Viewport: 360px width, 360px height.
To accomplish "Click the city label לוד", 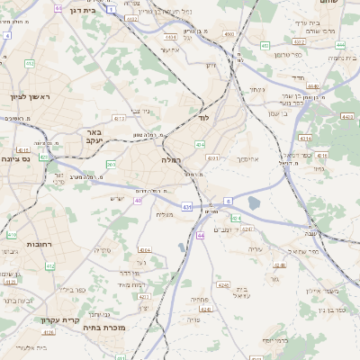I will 203,118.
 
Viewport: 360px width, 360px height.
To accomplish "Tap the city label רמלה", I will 172,158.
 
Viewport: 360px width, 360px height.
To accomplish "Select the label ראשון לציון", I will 31,97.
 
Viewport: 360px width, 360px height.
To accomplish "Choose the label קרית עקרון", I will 59,319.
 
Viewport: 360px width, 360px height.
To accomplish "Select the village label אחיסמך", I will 248,158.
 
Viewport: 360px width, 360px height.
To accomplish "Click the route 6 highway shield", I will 229,201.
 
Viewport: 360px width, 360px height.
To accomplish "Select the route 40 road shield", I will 138,201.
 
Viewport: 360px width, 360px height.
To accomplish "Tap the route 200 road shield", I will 111,165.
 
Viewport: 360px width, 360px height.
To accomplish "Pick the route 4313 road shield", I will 119,118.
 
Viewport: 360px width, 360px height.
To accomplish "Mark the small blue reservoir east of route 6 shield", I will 252,203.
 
